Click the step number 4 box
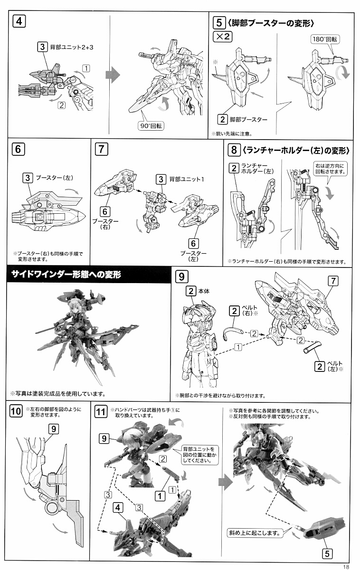click(19, 21)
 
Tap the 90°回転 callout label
click(151, 126)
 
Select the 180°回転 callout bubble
click(325, 39)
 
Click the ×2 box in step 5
click(223, 37)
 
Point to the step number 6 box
click(18, 149)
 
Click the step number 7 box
click(102, 149)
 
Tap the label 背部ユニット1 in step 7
click(187, 180)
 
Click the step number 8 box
click(234, 150)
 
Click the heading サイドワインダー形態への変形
click(66, 275)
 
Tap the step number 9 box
click(181, 276)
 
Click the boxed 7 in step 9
click(333, 281)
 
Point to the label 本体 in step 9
click(204, 291)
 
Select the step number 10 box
click(16, 411)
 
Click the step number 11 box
click(101, 411)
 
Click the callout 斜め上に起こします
click(255, 532)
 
